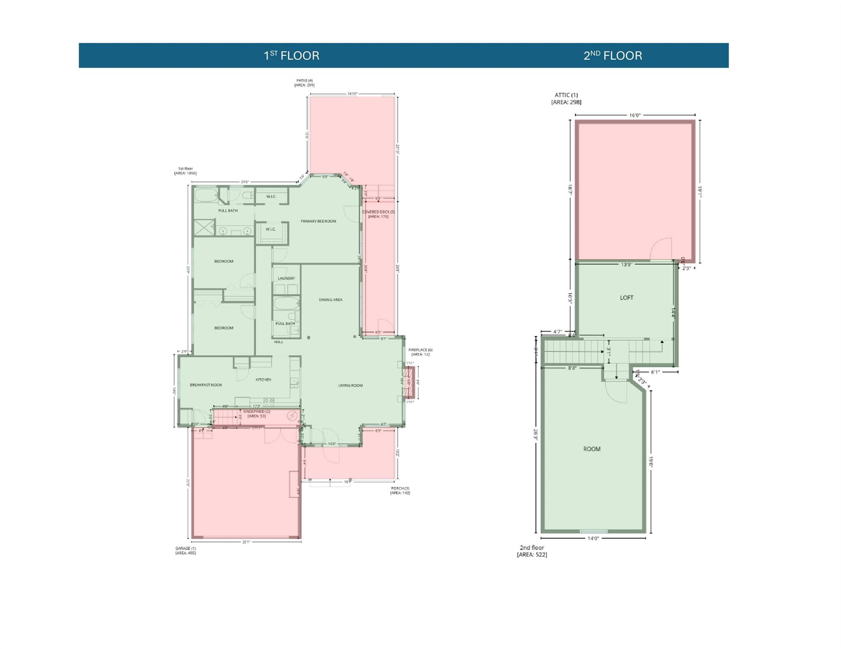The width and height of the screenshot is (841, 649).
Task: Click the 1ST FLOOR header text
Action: (x=291, y=55)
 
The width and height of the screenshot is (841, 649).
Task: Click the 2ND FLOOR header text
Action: (x=613, y=55)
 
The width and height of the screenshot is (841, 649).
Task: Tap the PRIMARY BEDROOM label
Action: (x=318, y=221)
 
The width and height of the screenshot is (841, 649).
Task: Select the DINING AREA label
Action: (x=330, y=300)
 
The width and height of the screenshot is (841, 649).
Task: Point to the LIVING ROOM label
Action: (x=350, y=385)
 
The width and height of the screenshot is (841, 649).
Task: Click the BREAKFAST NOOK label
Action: (x=206, y=385)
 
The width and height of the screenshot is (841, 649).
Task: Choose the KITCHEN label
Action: (x=263, y=379)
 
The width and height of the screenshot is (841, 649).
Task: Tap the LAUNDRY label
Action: (x=286, y=278)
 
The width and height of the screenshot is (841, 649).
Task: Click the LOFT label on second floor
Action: (x=627, y=297)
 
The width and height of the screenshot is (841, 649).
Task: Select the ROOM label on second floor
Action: (x=591, y=449)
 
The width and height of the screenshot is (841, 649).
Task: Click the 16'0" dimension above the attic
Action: (x=635, y=115)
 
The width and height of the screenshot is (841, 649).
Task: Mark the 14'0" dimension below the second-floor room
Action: (x=593, y=538)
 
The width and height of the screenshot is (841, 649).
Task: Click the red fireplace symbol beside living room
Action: (x=409, y=383)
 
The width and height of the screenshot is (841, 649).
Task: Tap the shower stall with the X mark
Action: (x=204, y=227)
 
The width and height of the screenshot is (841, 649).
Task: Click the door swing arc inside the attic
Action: (x=660, y=249)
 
